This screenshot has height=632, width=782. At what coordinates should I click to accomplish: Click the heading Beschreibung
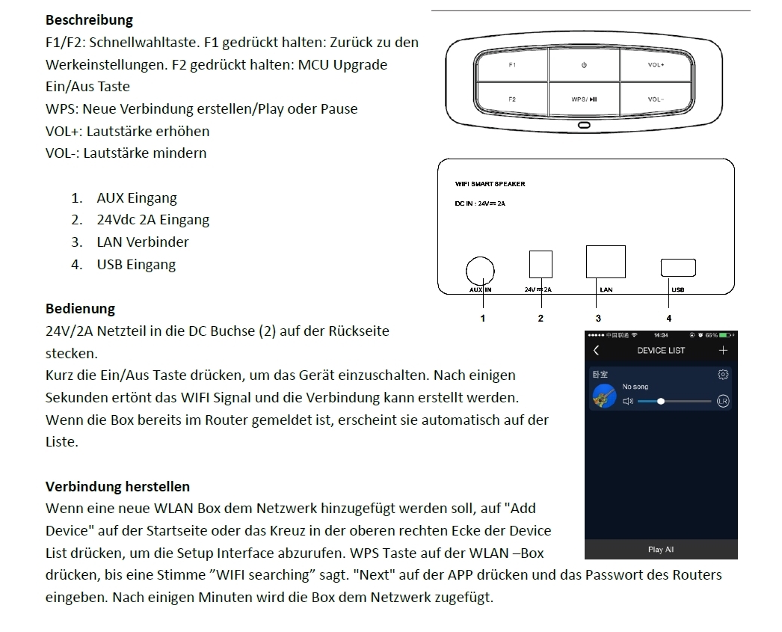coord(89,20)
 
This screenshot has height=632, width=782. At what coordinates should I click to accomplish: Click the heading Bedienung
coord(80,308)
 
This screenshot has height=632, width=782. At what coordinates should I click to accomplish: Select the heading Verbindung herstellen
coord(117,487)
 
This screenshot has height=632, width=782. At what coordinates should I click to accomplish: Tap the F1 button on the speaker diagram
coord(512,65)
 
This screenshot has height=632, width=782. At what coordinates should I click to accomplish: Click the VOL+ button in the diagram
coord(656,65)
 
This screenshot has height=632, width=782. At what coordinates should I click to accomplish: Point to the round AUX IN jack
coord(479,269)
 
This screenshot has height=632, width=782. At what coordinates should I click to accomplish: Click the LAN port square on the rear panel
coord(606,262)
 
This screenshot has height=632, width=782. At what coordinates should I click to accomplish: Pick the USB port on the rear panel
coord(678,267)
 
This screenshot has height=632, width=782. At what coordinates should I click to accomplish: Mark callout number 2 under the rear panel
coord(541,318)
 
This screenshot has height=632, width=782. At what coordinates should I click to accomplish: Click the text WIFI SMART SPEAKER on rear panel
coord(490,184)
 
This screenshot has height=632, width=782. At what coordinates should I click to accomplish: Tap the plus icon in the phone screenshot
coord(723,350)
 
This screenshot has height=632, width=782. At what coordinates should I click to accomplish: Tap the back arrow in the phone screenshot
coord(596,350)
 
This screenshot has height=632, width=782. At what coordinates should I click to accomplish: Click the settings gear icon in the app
coord(722,375)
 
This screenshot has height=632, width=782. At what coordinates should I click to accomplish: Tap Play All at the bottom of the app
coord(660,550)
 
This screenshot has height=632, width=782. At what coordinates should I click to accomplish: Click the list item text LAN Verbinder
coord(143,242)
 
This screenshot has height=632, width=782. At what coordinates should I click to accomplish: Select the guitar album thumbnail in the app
coord(604,396)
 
